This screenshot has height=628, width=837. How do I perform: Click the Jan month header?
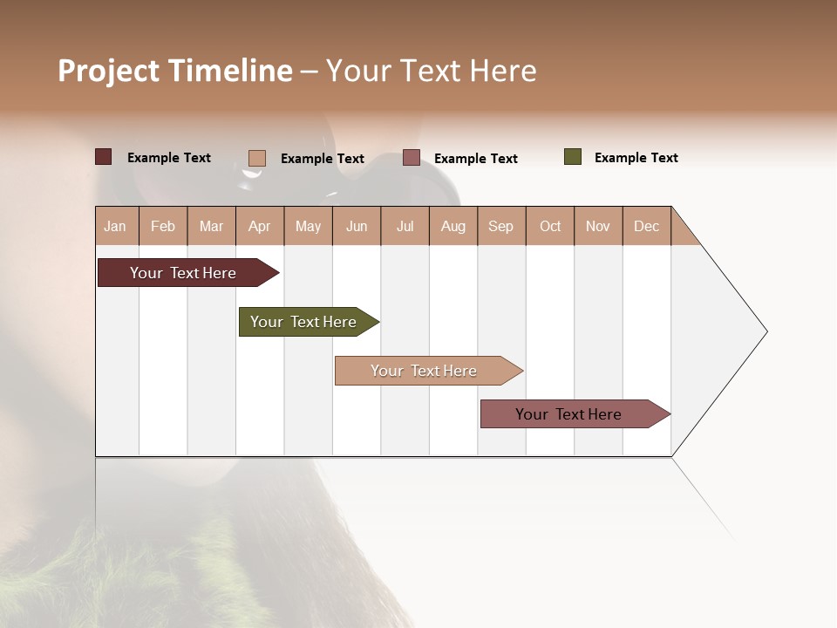[116, 226]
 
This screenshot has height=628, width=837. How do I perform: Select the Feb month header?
[163, 226]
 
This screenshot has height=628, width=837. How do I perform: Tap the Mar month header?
[211, 226]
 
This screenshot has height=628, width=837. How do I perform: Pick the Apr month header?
[260, 226]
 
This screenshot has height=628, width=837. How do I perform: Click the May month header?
[308, 226]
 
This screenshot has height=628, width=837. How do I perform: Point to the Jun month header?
[357, 226]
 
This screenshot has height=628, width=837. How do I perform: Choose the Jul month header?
[405, 226]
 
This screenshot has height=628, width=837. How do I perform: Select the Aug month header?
[453, 226]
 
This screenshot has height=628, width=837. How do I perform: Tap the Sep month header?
[501, 226]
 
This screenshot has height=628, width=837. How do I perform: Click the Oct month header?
[550, 226]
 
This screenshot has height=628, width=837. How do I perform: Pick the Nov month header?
[598, 226]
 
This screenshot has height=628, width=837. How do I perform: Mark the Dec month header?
[647, 226]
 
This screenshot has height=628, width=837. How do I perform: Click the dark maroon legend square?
[104, 157]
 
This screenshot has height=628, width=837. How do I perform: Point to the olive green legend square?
[573, 157]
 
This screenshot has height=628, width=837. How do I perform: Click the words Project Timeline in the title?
[175, 71]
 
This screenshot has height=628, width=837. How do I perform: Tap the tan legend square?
[257, 158]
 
